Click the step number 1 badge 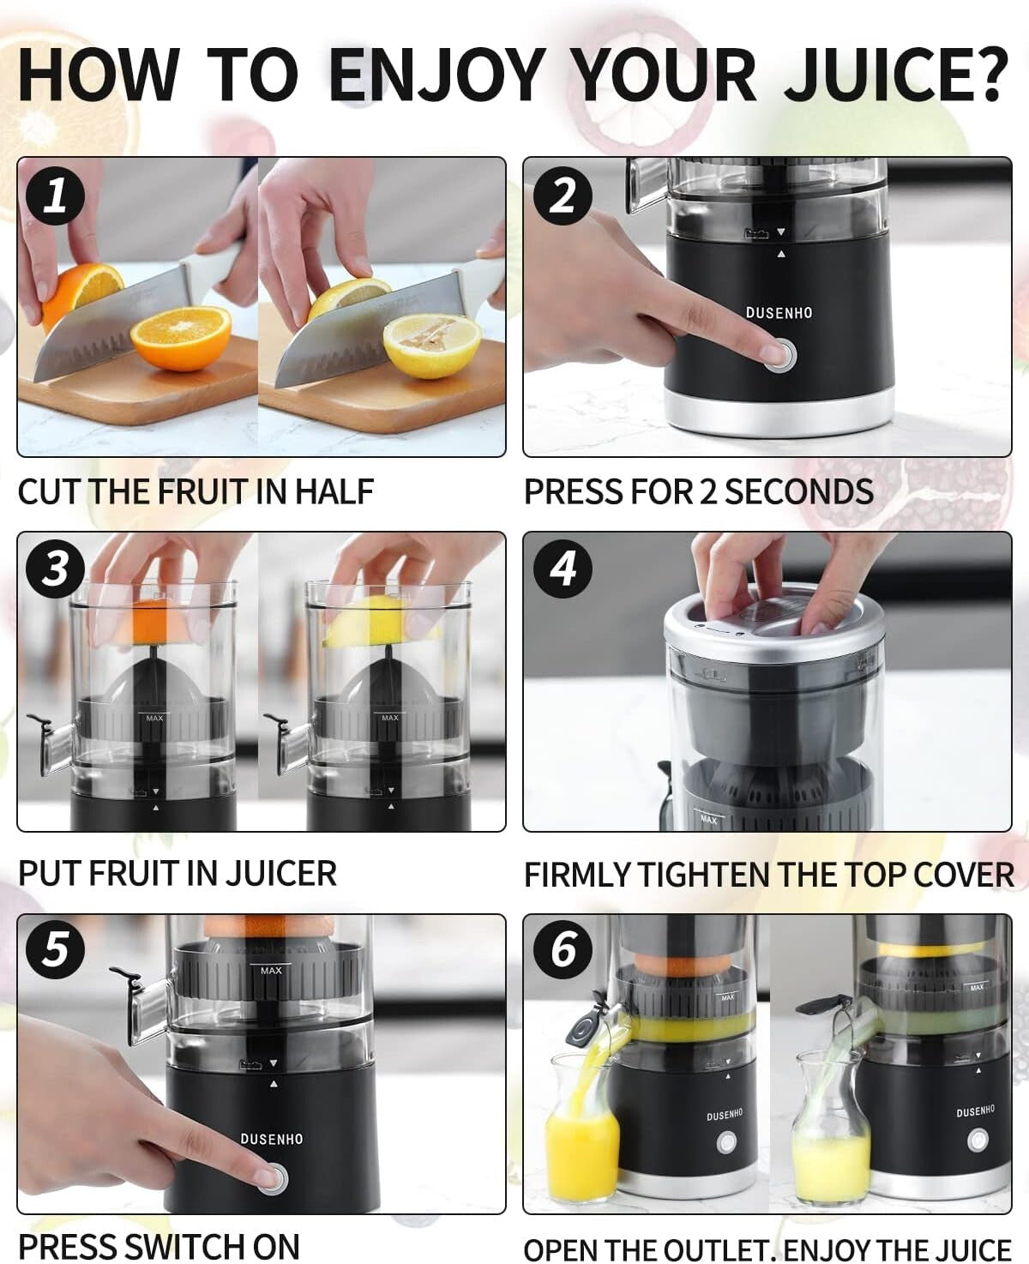pyautogui.click(x=55, y=196)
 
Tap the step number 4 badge pyautogui.click(x=563, y=569)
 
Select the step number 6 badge pyautogui.click(x=563, y=949)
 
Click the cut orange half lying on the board pyautogui.click(x=180, y=337)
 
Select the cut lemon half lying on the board pyautogui.click(x=431, y=345)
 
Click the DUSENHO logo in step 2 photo pyautogui.click(x=779, y=313)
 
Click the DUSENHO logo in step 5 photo pyautogui.click(x=272, y=1139)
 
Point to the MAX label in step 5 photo pyautogui.click(x=271, y=970)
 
